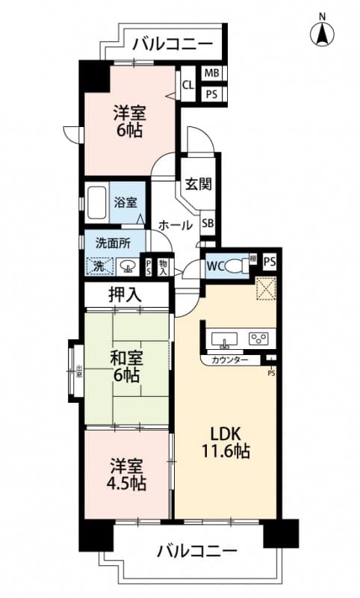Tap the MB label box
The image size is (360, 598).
coord(212,73)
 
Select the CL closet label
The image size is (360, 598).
coord(188,85)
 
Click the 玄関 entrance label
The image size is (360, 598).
coord(199,183)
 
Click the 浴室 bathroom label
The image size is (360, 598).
coord(125,202)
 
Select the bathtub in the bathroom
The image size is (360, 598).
coord(97,202)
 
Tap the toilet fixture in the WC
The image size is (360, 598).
coord(238,265)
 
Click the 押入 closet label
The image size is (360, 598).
coord(125,295)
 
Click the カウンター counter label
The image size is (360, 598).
coord(230,360)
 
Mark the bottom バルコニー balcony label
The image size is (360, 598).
coord(197,552)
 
